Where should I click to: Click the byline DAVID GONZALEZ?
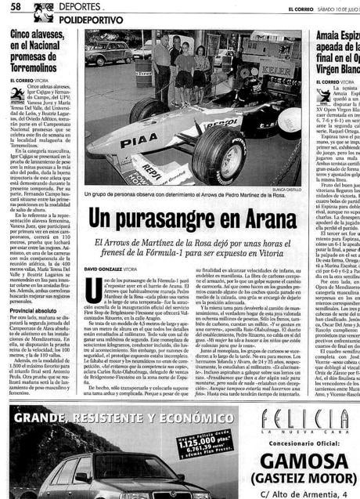(105, 269)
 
